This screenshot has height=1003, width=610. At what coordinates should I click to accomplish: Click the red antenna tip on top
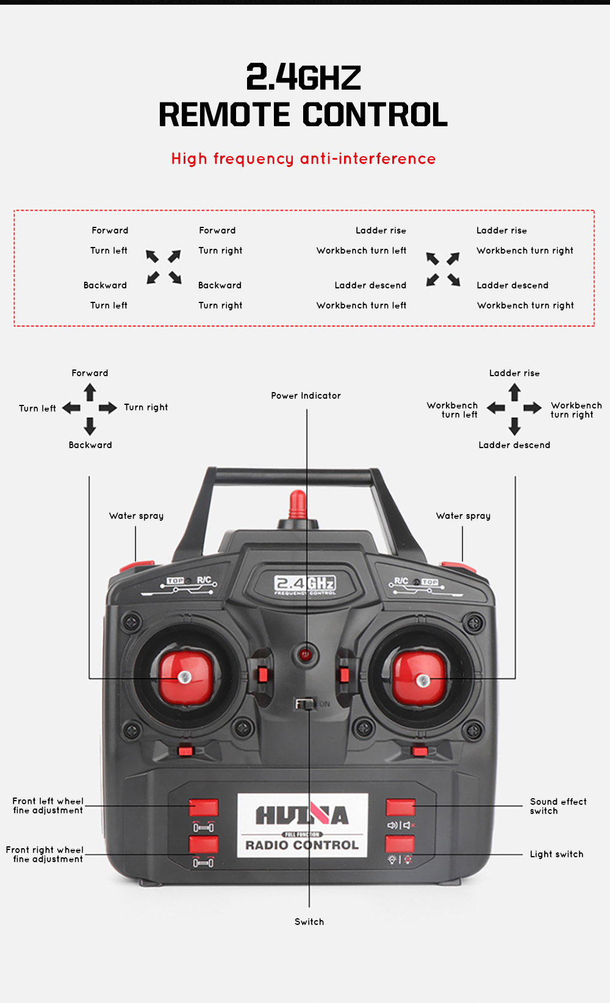[x=298, y=504]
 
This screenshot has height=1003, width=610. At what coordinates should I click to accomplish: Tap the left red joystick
[x=185, y=677]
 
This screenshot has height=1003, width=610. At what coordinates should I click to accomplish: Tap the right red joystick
[x=420, y=678]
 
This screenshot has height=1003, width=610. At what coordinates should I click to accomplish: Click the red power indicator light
[x=306, y=655]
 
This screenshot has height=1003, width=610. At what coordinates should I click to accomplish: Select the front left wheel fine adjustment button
[x=203, y=807]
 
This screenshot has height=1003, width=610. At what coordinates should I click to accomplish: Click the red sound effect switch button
[x=400, y=807]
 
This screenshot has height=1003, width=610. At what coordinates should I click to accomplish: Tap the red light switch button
[x=400, y=844]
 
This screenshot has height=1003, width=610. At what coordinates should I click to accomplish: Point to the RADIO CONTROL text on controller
[x=302, y=845]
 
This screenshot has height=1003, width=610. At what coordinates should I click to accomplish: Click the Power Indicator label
[x=306, y=396]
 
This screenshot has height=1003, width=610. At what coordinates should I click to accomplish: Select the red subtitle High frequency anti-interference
[x=303, y=159]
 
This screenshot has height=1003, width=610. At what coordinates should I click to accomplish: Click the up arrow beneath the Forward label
[x=90, y=392]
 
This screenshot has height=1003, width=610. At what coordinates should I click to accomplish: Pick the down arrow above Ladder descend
[x=515, y=426]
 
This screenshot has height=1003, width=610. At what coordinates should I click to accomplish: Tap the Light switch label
[x=556, y=854]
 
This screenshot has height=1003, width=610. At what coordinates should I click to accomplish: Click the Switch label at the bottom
[x=309, y=922]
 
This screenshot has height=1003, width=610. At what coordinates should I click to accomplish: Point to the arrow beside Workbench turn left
[x=496, y=408]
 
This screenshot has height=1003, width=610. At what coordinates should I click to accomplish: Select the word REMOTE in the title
[x=224, y=115]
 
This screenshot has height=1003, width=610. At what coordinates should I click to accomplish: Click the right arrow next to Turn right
[x=108, y=408]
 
